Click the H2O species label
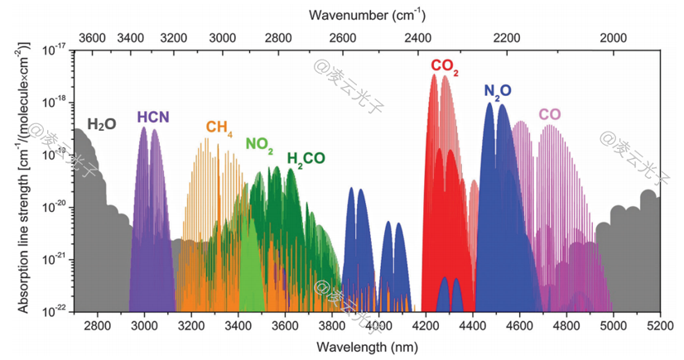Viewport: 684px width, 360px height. click(x=101, y=124)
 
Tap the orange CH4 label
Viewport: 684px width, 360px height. click(x=219, y=127)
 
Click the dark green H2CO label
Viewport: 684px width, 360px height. click(x=306, y=158)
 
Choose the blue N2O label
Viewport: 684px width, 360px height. click(x=498, y=90)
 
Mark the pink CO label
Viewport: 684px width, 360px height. click(x=549, y=114)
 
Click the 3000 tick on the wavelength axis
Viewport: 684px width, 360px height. click(x=144, y=325)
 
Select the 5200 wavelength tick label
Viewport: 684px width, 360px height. click(x=660, y=325)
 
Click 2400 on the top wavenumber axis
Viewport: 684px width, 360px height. click(x=417, y=38)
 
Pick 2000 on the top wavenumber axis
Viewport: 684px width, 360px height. click(x=613, y=38)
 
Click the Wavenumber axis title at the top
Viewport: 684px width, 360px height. click(x=367, y=15)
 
